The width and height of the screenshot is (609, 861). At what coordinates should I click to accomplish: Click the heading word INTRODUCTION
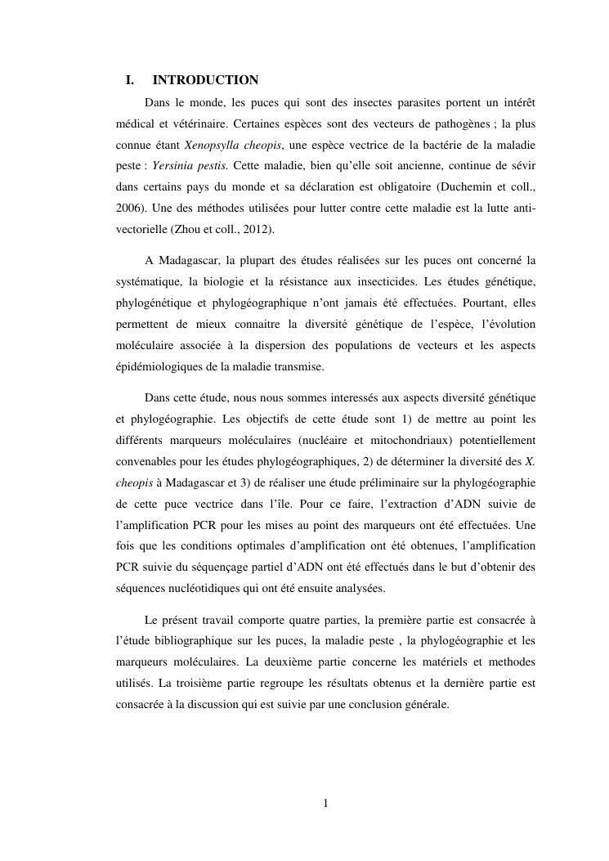click(205, 80)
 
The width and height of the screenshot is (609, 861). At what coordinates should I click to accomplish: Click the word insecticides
click(384, 282)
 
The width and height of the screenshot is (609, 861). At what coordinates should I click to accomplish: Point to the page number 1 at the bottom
click(325, 804)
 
